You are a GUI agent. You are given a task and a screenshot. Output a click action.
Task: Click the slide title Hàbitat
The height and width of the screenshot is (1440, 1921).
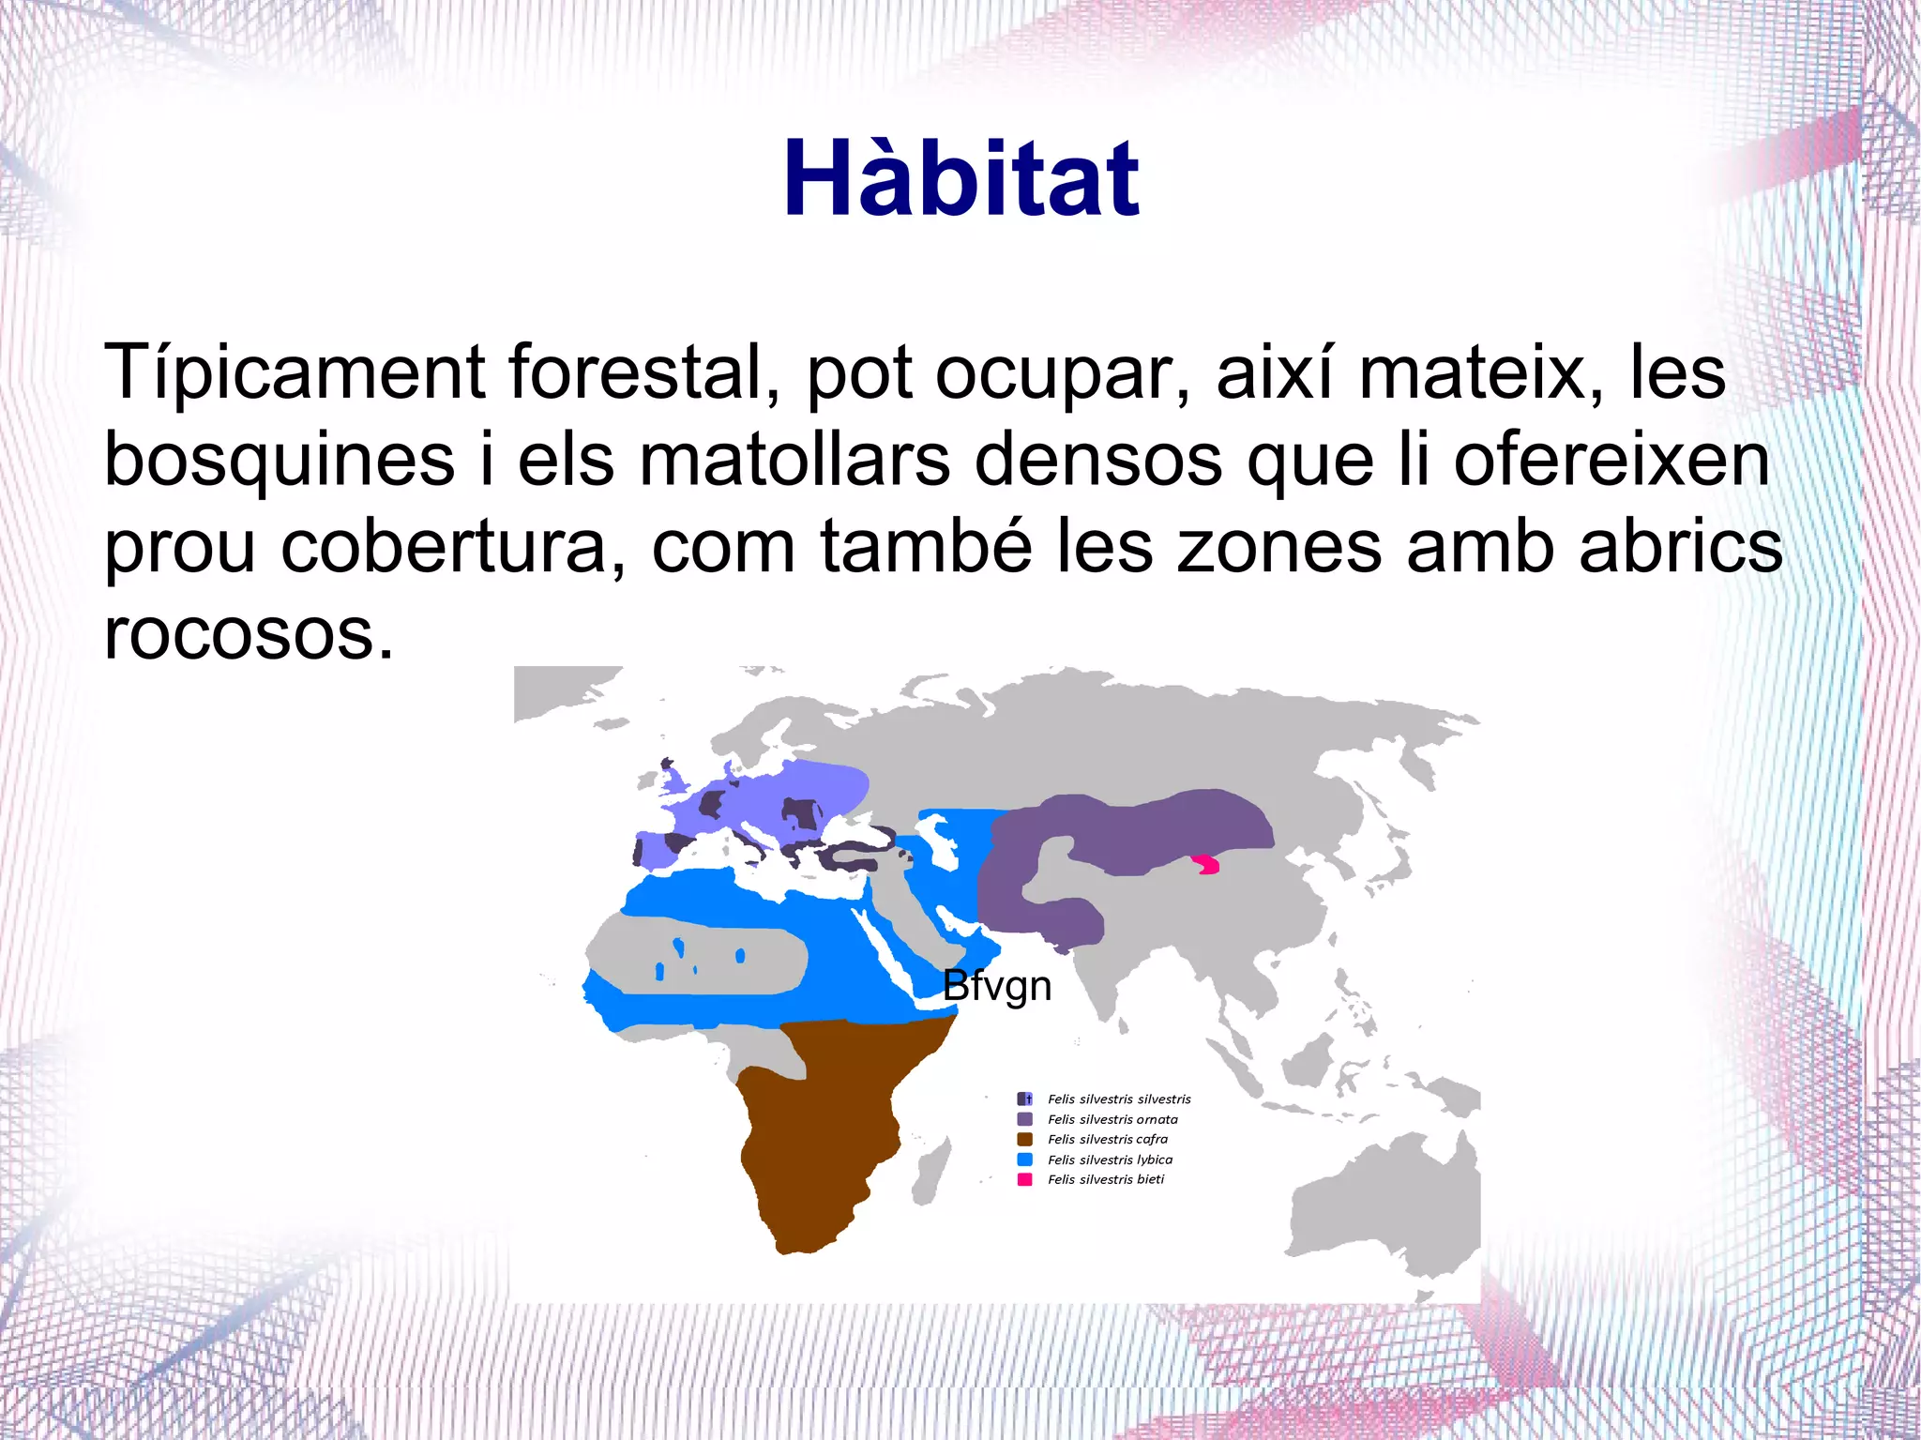click(960, 178)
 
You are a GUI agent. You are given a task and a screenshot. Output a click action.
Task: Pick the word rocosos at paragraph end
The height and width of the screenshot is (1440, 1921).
click(248, 634)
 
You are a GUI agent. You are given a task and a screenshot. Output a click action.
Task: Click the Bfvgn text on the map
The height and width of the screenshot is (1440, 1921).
click(996, 986)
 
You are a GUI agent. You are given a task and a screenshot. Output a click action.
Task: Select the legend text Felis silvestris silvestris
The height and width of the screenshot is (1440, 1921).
click(1119, 1099)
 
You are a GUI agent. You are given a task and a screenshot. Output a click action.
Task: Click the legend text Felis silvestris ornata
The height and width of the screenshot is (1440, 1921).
click(1112, 1119)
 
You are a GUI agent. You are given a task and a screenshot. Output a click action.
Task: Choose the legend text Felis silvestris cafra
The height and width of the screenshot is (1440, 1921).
click(1108, 1139)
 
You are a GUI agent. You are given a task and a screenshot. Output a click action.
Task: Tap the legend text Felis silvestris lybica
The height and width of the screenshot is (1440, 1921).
click(1110, 1160)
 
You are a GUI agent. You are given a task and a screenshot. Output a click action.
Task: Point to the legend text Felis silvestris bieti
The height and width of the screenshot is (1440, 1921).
click(1106, 1179)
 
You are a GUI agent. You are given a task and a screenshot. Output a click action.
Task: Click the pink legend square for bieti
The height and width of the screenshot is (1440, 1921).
click(1024, 1179)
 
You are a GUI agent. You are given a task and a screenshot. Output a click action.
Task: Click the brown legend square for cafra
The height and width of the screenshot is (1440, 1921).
click(1024, 1139)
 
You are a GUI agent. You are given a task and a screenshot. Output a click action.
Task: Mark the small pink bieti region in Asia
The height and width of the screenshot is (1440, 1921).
click(1207, 864)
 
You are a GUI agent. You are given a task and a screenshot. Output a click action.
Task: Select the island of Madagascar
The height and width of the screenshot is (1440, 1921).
click(929, 1177)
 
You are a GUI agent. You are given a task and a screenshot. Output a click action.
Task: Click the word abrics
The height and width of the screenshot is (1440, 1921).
click(1680, 547)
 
